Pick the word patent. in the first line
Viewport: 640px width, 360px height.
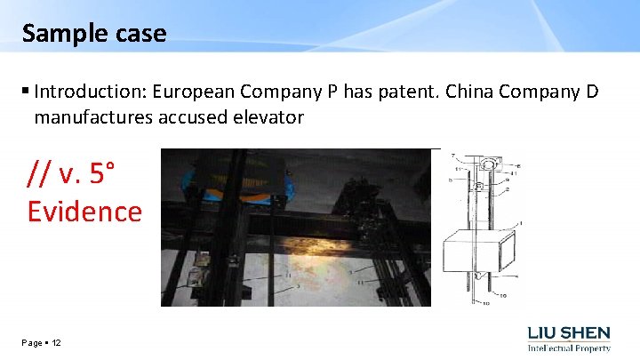400,92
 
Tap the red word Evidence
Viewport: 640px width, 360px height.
84,212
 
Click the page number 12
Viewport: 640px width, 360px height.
56,343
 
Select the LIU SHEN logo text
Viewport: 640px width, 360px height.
569,332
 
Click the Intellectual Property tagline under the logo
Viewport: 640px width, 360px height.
569,349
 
